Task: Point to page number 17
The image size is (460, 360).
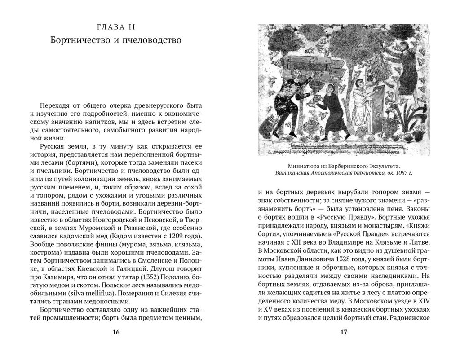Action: coord(344,332)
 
